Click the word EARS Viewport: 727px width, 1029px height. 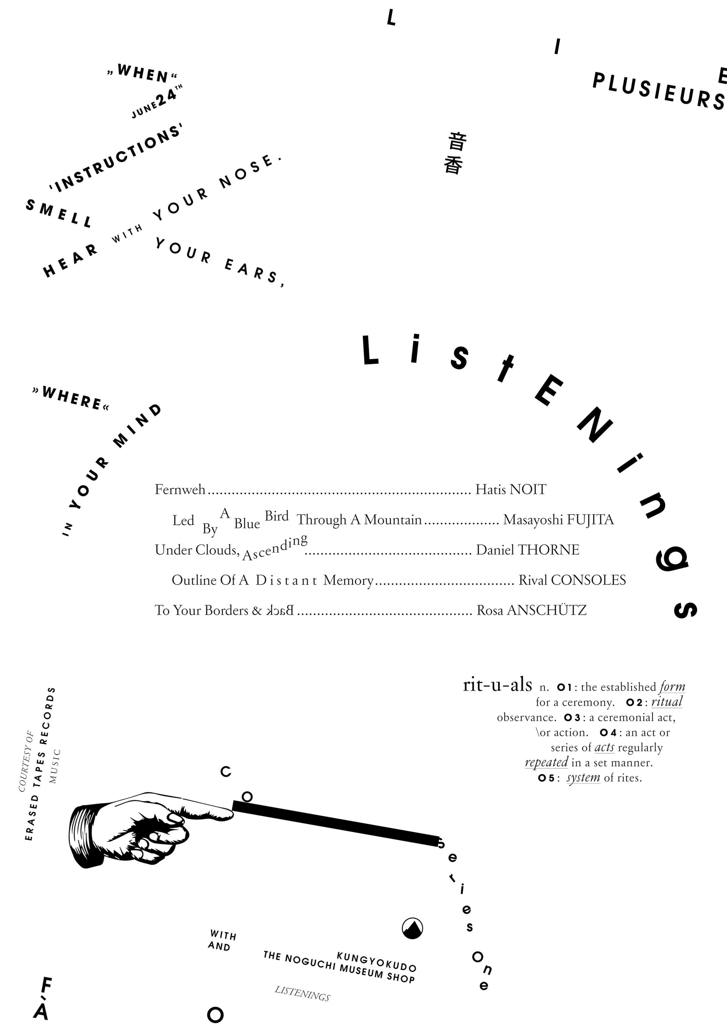point(253,272)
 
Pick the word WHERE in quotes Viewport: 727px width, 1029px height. point(71,397)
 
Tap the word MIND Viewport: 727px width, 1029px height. point(137,425)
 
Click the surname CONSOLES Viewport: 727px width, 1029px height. point(588,580)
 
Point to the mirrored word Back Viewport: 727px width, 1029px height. point(279,610)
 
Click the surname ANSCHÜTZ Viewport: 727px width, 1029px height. point(546,610)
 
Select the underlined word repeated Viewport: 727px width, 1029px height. point(546,762)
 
